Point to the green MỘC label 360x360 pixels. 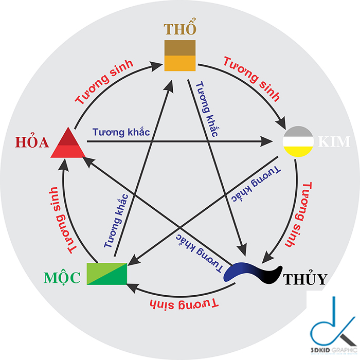62,278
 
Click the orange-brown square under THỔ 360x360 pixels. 179,55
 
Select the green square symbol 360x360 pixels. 107,274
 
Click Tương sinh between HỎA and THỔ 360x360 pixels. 104,82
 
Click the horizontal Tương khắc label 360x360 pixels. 121,132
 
